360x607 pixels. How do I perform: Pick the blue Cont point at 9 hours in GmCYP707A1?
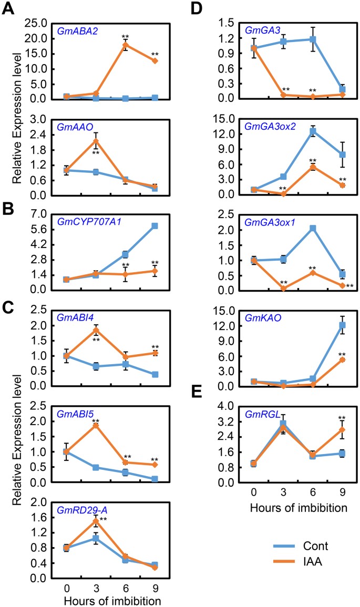(x=155, y=226)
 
